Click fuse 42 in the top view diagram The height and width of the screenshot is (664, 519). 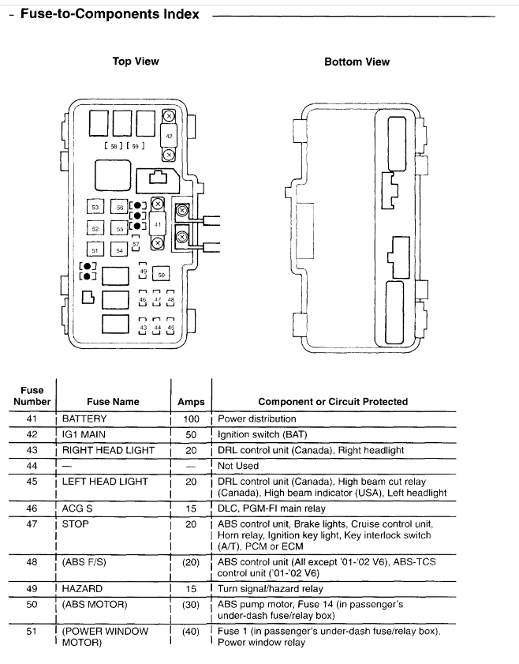[168, 136]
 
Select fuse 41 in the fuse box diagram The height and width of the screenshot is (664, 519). [159, 223]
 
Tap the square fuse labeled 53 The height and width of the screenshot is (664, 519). [95, 207]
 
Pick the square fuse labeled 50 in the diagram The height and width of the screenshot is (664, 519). [161, 274]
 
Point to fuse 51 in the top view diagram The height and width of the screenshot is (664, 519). [95, 249]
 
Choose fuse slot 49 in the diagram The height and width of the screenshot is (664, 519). [143, 271]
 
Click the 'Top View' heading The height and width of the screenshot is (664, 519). [136, 61]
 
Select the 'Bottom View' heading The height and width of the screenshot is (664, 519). [357, 62]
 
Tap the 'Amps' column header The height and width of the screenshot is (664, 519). [191, 402]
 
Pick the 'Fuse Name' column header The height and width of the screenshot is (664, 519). [112, 402]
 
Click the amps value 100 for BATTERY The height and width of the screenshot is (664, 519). [191, 419]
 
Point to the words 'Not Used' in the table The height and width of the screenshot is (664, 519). [238, 466]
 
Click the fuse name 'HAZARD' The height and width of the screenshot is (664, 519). [82, 588]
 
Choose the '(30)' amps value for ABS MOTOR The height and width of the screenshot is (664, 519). [191, 604]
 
